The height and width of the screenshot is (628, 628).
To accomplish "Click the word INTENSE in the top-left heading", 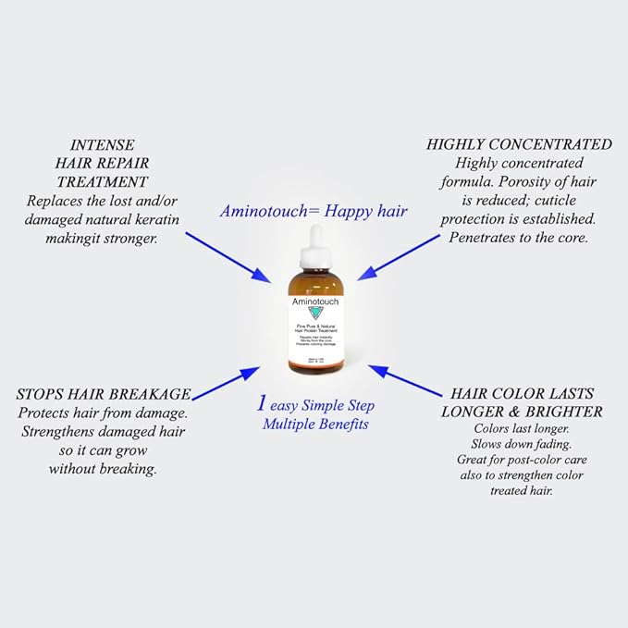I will point(102,145).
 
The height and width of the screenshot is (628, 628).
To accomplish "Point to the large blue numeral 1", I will point(262,404).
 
